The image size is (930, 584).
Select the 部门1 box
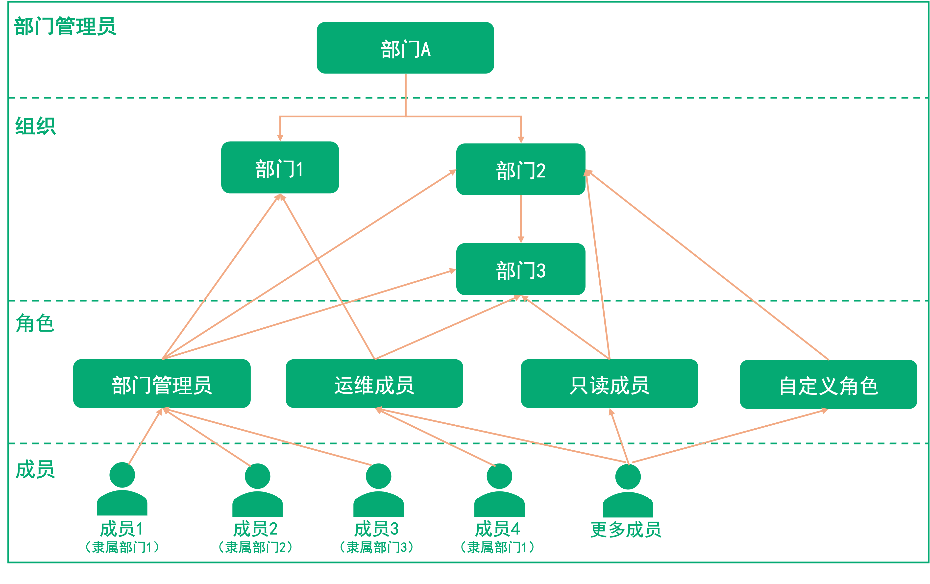[x=280, y=168]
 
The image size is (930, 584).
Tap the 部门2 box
[x=521, y=170]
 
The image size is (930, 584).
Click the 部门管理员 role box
[x=162, y=384]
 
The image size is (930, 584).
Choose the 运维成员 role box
[x=374, y=384]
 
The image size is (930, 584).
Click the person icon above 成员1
[x=122, y=489]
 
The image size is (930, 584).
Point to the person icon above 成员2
[x=258, y=490]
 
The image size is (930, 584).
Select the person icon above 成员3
[x=378, y=490]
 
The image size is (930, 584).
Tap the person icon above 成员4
[x=499, y=490]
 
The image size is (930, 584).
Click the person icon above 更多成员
[x=628, y=491]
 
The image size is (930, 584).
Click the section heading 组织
[x=36, y=126]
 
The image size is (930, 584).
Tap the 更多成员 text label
[x=626, y=529]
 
